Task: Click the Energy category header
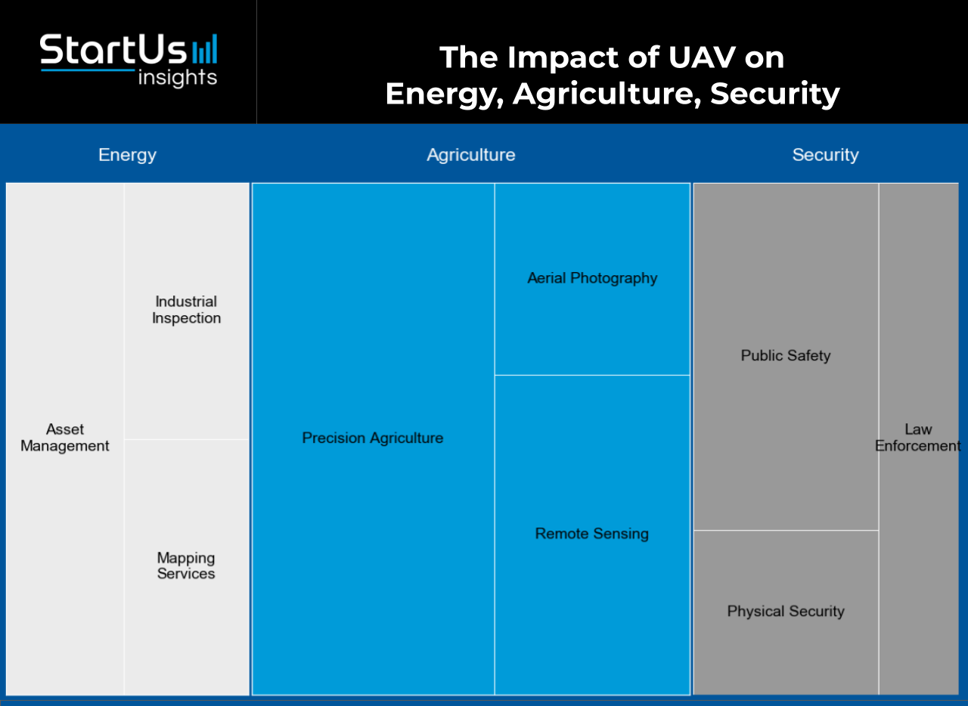coord(128,155)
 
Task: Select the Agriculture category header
coord(471,155)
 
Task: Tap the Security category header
coord(825,155)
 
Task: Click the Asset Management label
coord(65,437)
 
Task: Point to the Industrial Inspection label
coord(186,309)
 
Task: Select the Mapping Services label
coord(186,565)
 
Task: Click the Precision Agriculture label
coord(373,438)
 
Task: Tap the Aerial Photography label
coord(592,278)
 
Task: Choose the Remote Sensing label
coord(591,534)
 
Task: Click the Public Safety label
coord(786,355)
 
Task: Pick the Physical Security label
coord(786,612)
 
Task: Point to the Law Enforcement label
coord(918,437)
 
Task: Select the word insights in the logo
coord(178,78)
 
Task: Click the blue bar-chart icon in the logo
coord(204,48)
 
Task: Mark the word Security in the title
coord(775,94)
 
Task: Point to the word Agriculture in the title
coord(607,94)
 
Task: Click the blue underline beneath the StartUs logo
coord(88,70)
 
